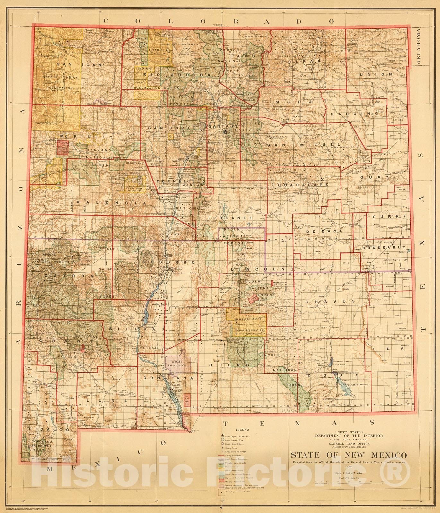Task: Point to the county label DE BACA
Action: pos(324,231)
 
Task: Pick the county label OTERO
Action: pos(229,365)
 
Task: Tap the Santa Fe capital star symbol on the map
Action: pos(226,131)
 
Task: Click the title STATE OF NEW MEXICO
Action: pos(349,455)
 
